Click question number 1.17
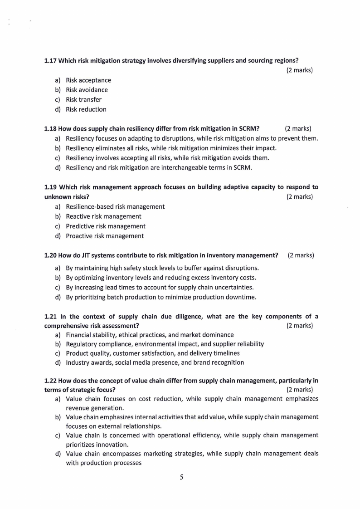pyautogui.click(x=50, y=60)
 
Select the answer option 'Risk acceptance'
pyautogui.click(x=88, y=80)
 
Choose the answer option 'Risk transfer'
pyautogui.click(x=83, y=99)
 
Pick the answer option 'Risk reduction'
pyautogui.click(x=86, y=109)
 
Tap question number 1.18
pyautogui.click(x=50, y=128)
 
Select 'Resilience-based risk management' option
pyautogui.click(x=115, y=206)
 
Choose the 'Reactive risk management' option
pyautogui.click(x=103, y=216)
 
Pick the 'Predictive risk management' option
pyautogui.click(x=106, y=226)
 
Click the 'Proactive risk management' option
pyautogui.click(x=105, y=236)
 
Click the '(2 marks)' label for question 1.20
pyautogui.click(x=301, y=255)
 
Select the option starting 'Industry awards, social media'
pyautogui.click(x=155, y=362)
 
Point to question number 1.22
pyautogui.click(x=50, y=380)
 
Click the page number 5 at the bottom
pyautogui.click(x=181, y=477)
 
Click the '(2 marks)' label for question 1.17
pyautogui.click(x=300, y=70)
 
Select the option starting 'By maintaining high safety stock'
pyautogui.click(x=162, y=268)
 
